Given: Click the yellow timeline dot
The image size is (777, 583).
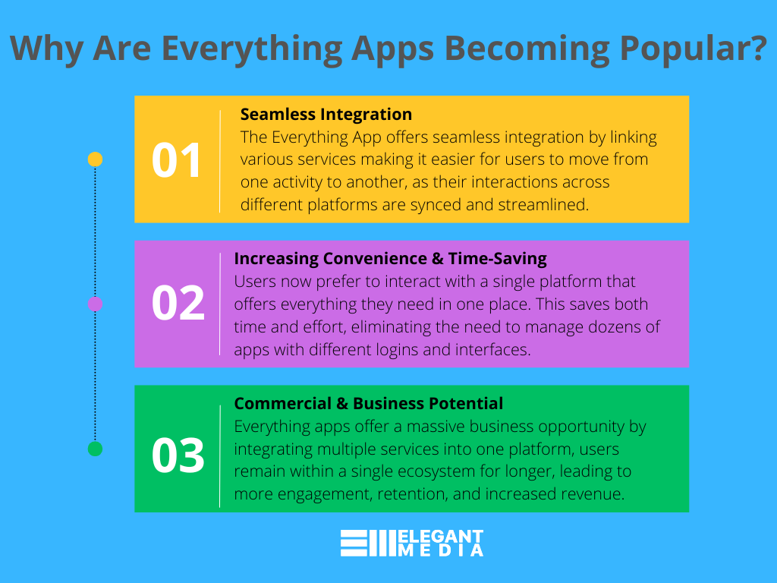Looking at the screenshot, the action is (95, 159).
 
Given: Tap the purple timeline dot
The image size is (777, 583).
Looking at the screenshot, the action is (95, 304).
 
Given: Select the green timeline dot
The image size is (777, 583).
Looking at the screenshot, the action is (95, 449).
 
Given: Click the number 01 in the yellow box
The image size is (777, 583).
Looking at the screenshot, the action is (176, 160).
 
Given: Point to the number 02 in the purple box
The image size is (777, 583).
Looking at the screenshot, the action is (178, 303).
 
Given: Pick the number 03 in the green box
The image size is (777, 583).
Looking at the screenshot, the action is (178, 455).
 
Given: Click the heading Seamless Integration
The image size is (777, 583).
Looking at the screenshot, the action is (326, 115).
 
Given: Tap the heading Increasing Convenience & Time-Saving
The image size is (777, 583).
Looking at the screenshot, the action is (391, 259).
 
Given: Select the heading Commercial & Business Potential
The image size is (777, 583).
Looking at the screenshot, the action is (368, 404).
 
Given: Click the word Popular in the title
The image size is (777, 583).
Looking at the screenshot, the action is (693, 49).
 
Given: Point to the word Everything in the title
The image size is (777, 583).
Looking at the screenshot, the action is (252, 49).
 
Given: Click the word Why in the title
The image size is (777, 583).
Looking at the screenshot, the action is (46, 49).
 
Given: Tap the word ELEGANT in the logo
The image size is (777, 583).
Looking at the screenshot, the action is (441, 537).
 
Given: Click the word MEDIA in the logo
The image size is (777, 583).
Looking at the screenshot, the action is (441, 550).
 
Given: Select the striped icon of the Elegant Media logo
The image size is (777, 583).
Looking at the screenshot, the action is (368, 543).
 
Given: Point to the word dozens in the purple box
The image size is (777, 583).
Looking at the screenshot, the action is (615, 327).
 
